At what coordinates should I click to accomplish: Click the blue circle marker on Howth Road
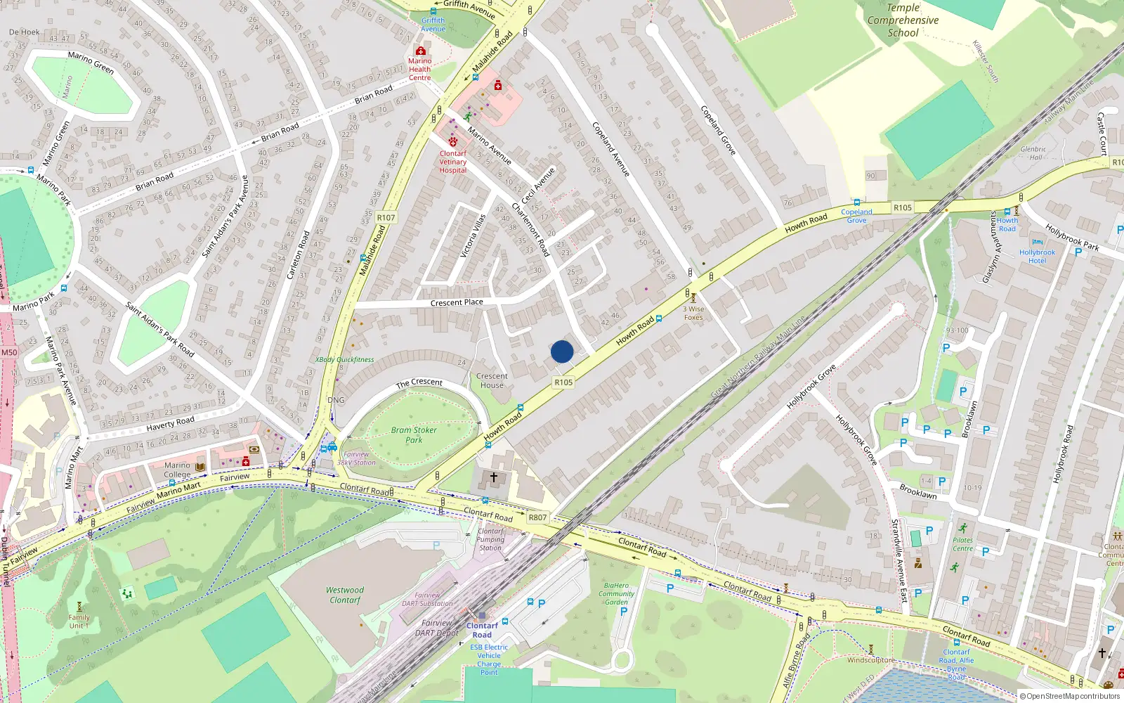coord(562,351)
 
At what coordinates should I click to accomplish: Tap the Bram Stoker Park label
coord(414,435)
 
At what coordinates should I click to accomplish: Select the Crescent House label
coord(492,380)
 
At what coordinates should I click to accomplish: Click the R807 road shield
coord(537,517)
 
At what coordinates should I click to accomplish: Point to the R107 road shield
coord(386,217)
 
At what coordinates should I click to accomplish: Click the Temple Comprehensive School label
coord(903,20)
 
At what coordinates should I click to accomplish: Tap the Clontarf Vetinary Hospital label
coord(453,162)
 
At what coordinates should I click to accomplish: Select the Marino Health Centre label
coord(420,69)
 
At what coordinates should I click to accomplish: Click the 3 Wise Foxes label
coord(693,313)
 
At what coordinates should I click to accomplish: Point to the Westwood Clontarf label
coord(345,595)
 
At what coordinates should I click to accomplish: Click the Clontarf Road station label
coord(482,630)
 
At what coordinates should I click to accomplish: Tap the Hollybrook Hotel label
coord(1037,257)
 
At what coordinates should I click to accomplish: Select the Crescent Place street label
coord(457,302)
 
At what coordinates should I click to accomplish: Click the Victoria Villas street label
coord(473,236)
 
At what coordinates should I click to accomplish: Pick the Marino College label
coord(177,470)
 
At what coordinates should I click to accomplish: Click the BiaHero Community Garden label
coord(616,594)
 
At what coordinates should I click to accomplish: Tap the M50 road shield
coord(9,352)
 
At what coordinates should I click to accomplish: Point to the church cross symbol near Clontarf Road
coord(494,478)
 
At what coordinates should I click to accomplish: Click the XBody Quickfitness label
coord(344,359)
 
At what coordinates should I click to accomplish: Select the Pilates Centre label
coord(962,544)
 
